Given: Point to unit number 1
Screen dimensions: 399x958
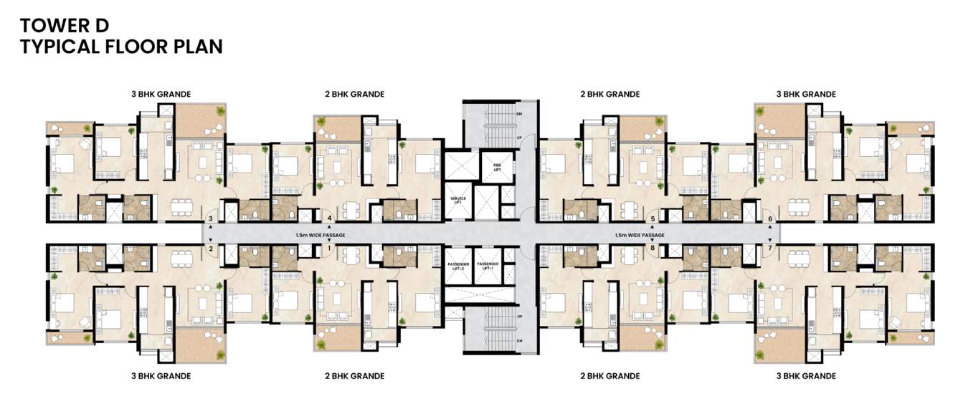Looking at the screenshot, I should tap(329, 248).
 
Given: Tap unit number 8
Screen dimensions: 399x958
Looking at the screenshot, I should tap(653, 248).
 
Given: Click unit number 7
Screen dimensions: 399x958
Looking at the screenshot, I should tap(770, 248).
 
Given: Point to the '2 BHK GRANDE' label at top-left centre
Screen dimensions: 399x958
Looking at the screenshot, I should tap(354, 94).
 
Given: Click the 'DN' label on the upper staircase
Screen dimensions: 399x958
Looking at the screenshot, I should tap(518, 114).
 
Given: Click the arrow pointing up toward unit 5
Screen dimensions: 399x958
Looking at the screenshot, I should tap(653, 229).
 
